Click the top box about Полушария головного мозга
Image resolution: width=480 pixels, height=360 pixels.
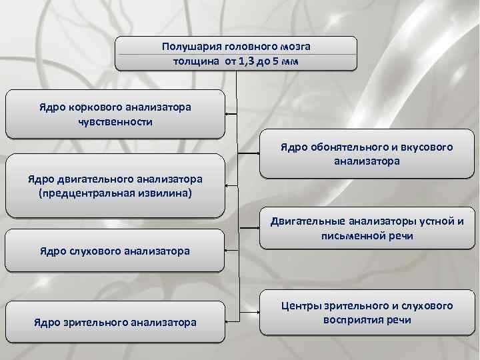pyautogui.click(x=236, y=53)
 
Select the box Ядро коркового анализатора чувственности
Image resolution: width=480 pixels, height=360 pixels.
pyautogui.click(x=115, y=114)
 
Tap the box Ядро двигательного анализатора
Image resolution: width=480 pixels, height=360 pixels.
pyautogui.click(x=115, y=186)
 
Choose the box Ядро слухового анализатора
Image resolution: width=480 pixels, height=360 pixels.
pyautogui.click(x=115, y=251)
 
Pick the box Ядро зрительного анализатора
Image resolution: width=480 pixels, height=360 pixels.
pyautogui.click(x=115, y=323)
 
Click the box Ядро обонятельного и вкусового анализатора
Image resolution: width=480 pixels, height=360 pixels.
pyautogui.click(x=367, y=154)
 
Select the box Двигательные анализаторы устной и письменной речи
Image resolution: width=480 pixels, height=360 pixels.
pyautogui.click(x=367, y=229)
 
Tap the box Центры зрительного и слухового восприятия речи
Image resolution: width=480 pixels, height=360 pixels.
pyautogui.click(x=367, y=313)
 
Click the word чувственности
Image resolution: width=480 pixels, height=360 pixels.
pyautogui.click(x=115, y=121)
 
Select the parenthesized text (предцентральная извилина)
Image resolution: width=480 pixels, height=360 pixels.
pyautogui.click(x=115, y=193)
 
